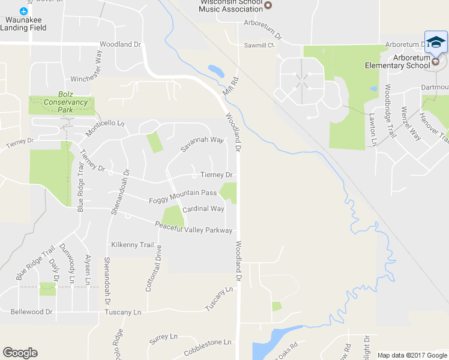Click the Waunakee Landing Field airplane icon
(x=24, y=11)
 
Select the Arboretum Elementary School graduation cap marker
(x=436, y=42)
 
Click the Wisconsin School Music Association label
(x=231, y=5)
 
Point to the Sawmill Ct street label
(x=259, y=45)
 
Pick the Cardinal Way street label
(x=203, y=209)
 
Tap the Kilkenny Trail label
(x=133, y=244)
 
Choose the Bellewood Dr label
(x=32, y=312)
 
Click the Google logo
(x=20, y=353)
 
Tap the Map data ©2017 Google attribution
(x=412, y=355)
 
